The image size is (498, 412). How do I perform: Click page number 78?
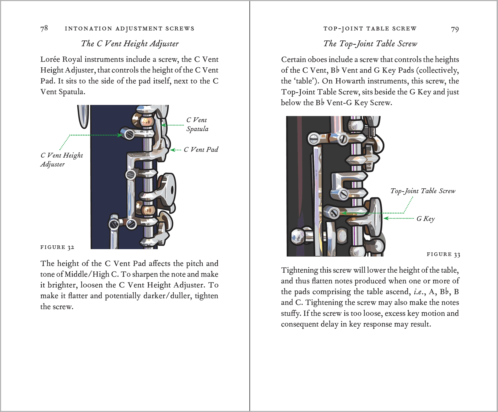[x=44, y=28]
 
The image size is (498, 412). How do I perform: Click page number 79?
[x=455, y=29]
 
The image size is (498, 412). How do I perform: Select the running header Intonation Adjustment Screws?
[x=130, y=29]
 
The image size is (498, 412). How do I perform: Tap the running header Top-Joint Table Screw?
[x=370, y=29]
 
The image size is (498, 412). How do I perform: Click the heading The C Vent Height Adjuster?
[x=130, y=44]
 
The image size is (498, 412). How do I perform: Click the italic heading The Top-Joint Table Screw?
[x=370, y=44]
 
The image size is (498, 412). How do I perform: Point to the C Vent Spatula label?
[x=197, y=124]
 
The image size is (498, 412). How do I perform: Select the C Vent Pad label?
[x=201, y=150]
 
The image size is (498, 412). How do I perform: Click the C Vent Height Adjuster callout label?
[x=61, y=160]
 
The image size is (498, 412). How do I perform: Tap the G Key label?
[x=426, y=219]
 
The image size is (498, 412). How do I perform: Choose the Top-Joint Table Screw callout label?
[x=422, y=191]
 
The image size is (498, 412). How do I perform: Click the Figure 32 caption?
[x=57, y=247]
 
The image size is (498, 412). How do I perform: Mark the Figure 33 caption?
[x=443, y=254]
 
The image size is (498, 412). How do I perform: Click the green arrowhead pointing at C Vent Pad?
[x=172, y=150]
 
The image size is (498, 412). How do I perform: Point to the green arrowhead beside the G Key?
[x=386, y=218]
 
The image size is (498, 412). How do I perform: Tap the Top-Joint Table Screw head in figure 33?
[x=334, y=213]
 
